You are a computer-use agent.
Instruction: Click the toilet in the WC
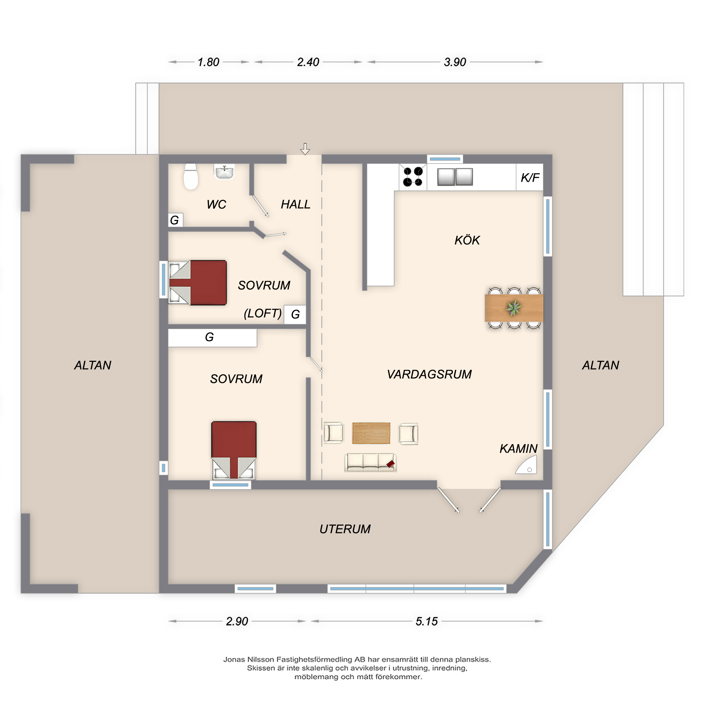190,176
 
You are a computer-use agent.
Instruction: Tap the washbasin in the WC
225,172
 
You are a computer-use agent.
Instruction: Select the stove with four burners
413,176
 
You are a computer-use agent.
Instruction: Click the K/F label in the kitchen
530,178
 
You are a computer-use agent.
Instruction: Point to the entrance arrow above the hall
305,149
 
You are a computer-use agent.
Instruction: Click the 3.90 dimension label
455,62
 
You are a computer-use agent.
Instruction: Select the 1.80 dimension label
208,62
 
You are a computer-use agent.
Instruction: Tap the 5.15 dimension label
426,621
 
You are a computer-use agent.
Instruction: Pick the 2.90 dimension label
237,621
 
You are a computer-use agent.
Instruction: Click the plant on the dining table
514,308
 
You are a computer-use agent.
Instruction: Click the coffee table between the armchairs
371,433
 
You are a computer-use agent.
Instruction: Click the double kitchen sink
455,177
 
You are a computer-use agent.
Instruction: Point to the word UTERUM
345,529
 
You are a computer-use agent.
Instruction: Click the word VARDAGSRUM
429,374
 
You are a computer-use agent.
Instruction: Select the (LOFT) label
263,313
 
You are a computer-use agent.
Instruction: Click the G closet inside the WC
175,220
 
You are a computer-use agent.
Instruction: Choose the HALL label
295,204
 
